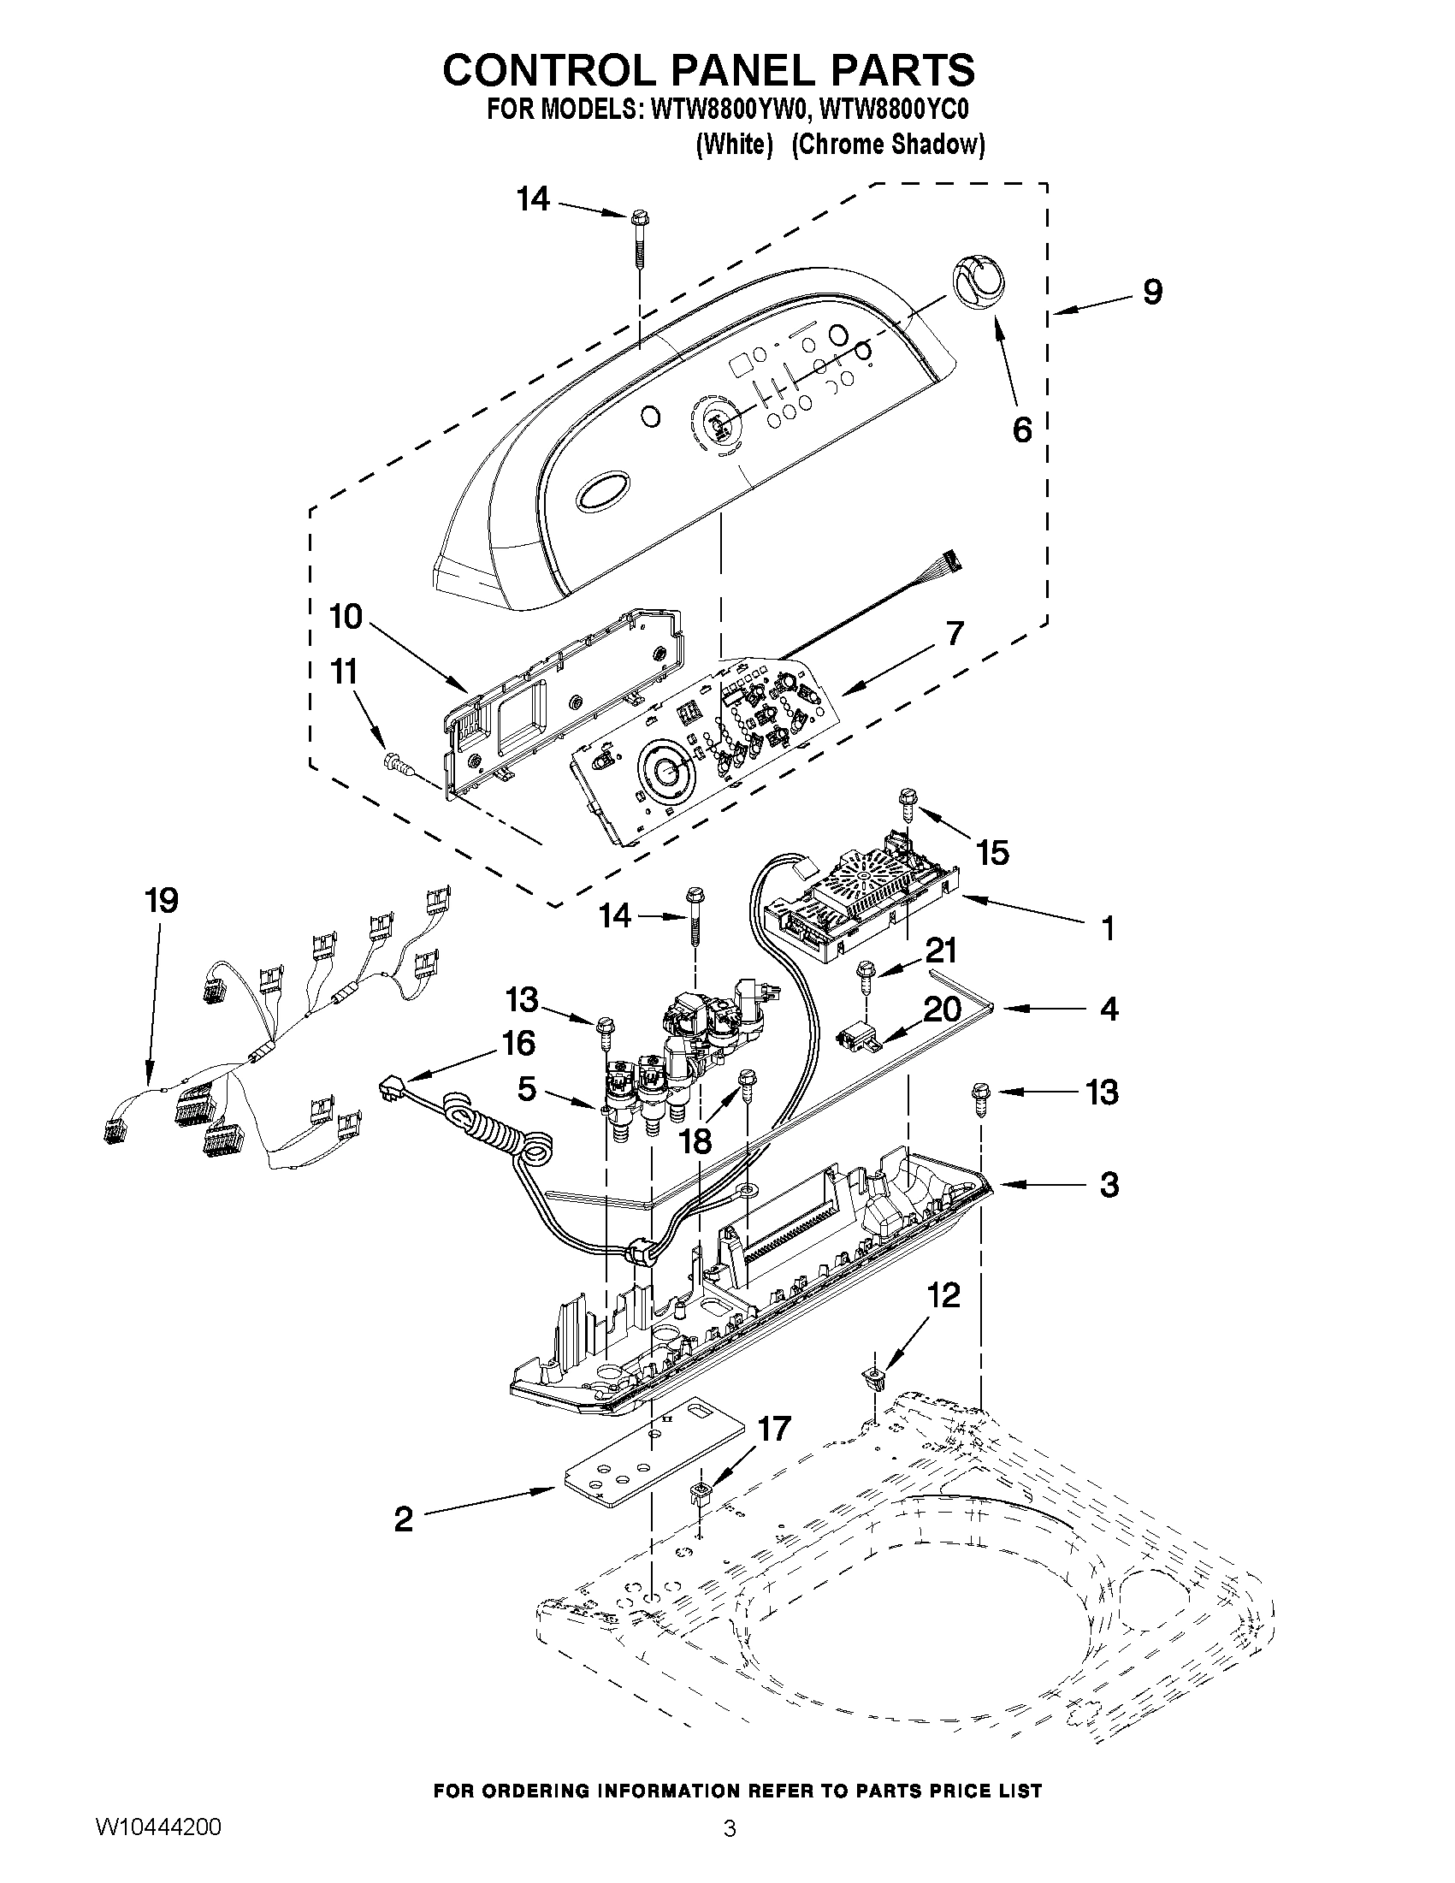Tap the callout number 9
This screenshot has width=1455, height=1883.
1152,293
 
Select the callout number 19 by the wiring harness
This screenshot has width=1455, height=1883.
161,900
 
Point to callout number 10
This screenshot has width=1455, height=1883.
346,617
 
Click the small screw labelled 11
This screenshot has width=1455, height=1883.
396,760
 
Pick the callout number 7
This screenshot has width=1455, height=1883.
954,634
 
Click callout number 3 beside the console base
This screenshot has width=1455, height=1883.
1109,1185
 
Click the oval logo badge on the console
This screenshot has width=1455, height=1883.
605,493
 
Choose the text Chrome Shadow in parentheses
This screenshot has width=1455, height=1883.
888,145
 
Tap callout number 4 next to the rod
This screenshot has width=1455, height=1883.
1109,1009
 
